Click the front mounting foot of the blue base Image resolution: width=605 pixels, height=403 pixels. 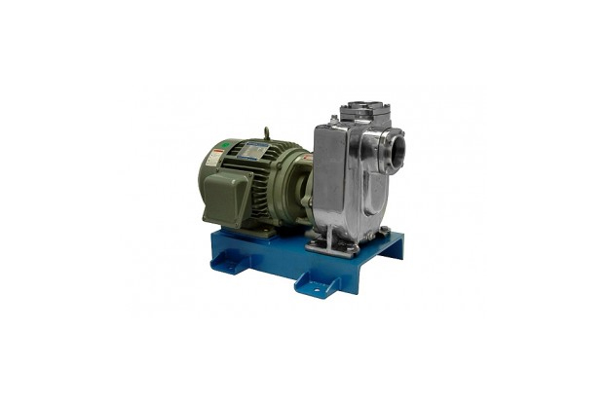coord(318,282)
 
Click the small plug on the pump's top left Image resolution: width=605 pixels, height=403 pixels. coord(335,120)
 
